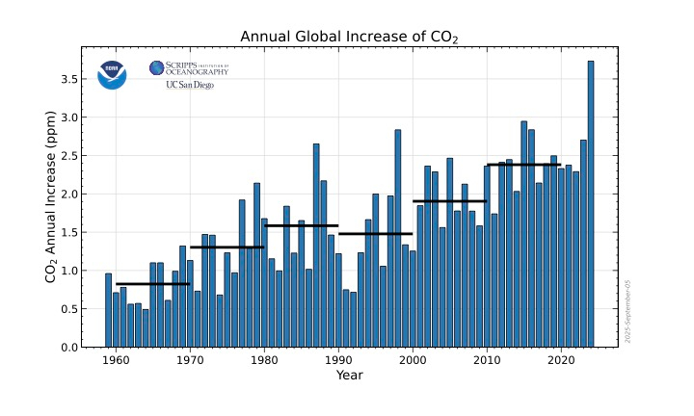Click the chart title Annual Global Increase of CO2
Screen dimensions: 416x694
tap(348, 37)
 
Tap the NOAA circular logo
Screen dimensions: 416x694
tap(112, 75)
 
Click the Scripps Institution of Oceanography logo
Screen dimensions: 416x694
tap(189, 67)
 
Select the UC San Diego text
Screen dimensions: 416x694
tap(190, 85)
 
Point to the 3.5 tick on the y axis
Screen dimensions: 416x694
tap(80, 79)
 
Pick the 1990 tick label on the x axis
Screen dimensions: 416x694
tap(338, 361)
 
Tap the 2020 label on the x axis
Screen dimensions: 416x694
tap(561, 361)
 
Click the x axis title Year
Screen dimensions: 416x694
tap(349, 376)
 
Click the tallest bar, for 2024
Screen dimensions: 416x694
tap(591, 204)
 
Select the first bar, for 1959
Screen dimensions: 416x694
tap(108, 310)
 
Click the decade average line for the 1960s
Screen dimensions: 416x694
tap(152, 284)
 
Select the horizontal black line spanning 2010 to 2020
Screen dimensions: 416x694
tap(523, 165)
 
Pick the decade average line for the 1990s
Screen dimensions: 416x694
tap(375, 234)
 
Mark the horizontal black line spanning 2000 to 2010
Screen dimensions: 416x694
tap(449, 201)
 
